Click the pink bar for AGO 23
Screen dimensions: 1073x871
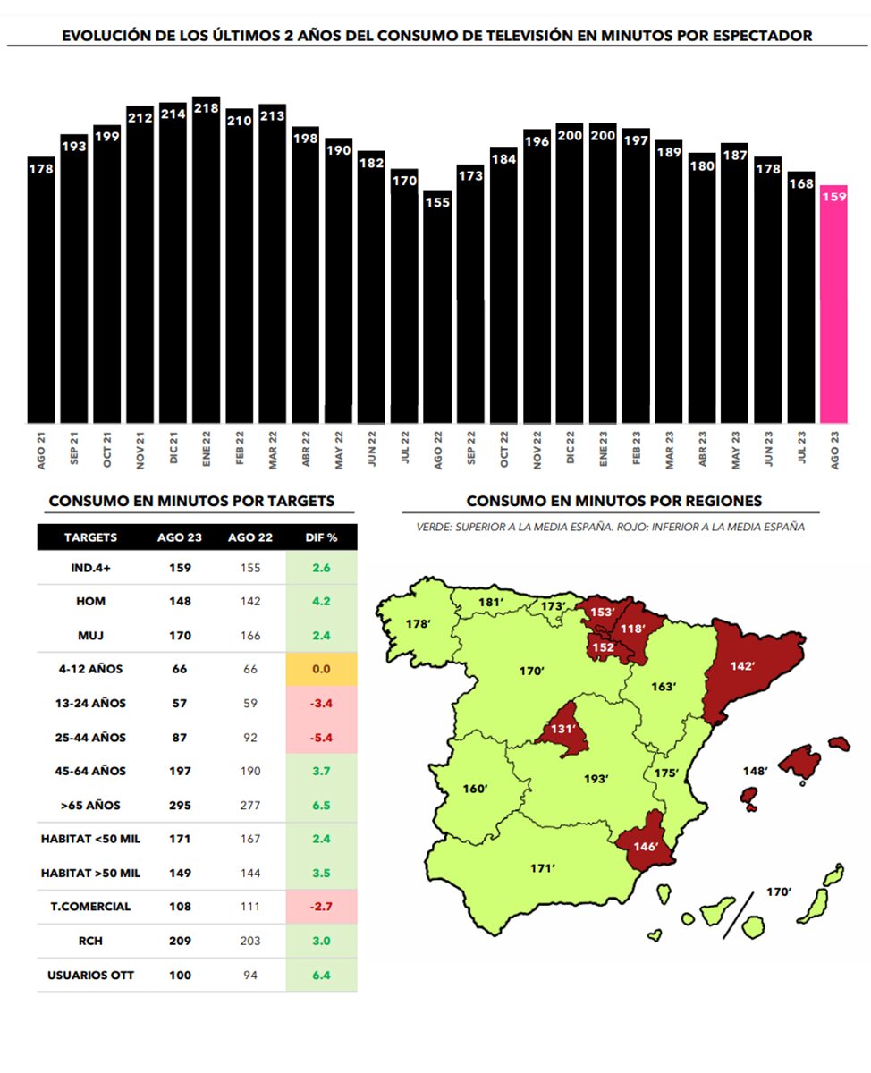point(833,304)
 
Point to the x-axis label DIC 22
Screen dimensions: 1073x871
point(570,447)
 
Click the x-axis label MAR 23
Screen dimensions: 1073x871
point(669,447)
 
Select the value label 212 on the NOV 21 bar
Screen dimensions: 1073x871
point(140,115)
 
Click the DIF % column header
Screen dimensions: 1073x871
point(320,537)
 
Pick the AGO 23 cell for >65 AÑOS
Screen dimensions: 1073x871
point(180,805)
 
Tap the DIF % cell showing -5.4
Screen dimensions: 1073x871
point(320,738)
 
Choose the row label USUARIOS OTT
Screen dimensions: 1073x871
point(90,975)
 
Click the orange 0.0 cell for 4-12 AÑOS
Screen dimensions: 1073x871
point(320,669)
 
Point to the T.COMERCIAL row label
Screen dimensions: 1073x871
point(90,906)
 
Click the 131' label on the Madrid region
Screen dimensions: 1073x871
point(562,729)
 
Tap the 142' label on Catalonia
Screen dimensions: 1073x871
point(742,666)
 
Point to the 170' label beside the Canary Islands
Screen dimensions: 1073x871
point(779,891)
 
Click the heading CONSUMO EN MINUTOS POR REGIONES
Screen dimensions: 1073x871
point(614,501)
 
